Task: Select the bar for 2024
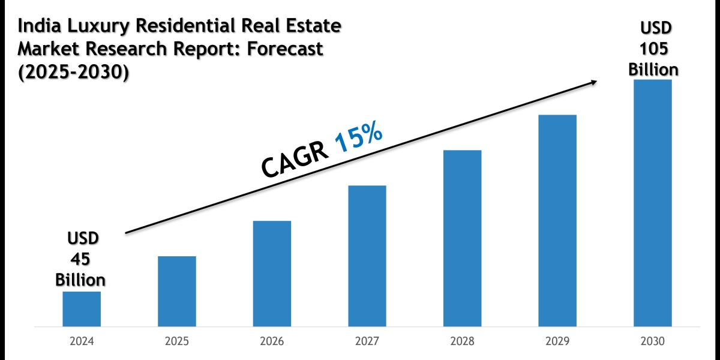coord(82,309)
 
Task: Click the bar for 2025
coord(177,292)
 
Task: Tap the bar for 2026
coord(272,274)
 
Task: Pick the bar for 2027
coord(367,256)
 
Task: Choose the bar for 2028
coord(462,238)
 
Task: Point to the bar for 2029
coord(557,221)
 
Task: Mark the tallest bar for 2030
coord(653,203)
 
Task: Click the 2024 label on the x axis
coord(82,341)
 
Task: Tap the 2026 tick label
coord(272,341)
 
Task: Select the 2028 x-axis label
coord(462,341)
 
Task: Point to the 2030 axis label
coord(653,341)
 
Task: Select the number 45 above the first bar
coord(80,259)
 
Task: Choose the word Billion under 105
coord(653,70)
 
